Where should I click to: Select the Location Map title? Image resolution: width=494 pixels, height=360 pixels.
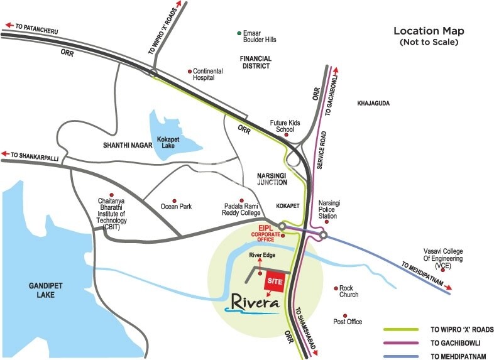click(429, 31)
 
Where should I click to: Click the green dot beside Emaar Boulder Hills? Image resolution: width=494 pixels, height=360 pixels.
click(239, 33)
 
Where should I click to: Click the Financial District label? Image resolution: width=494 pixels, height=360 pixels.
click(255, 62)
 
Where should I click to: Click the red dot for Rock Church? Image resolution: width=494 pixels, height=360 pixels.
click(336, 288)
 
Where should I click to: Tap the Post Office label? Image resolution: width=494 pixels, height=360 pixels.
click(348, 322)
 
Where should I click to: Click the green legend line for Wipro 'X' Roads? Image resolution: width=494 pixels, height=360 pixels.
click(401, 329)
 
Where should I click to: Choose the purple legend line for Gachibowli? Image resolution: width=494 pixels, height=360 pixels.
click(401, 343)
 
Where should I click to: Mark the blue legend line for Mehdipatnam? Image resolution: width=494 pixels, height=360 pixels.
click(401, 356)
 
